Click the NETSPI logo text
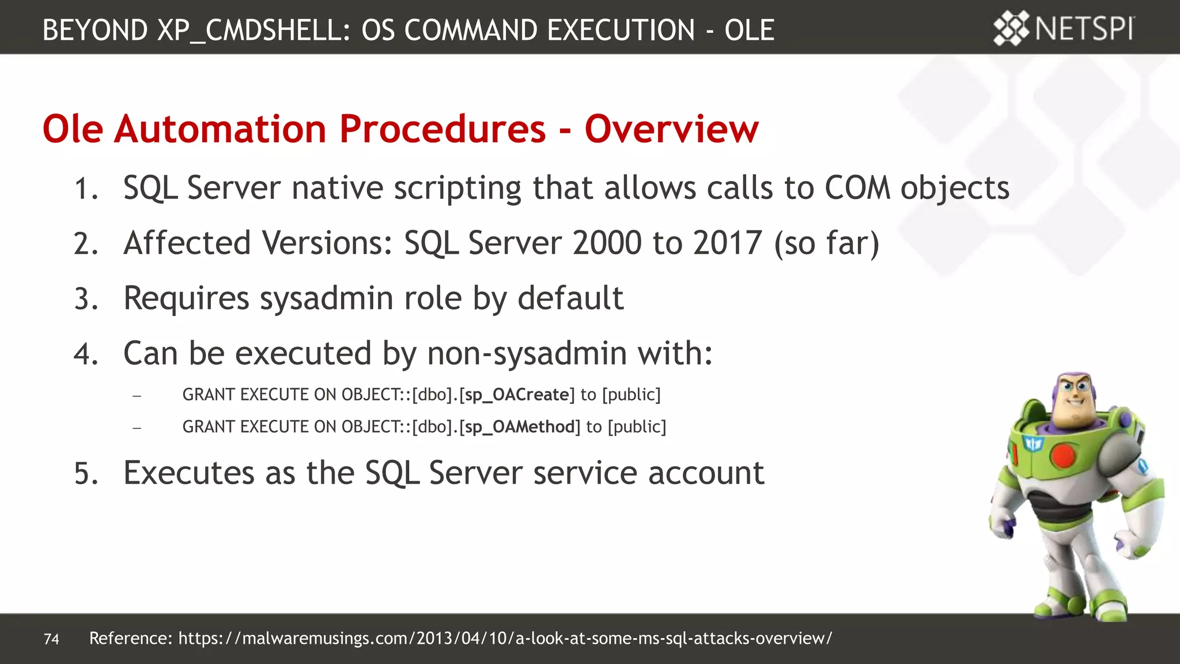tap(1084, 29)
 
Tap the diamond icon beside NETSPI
tap(1011, 28)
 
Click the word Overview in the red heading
tap(671, 129)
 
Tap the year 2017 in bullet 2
tap(728, 243)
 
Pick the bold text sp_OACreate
tap(517, 395)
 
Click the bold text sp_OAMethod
tap(520, 427)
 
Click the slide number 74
tap(51, 639)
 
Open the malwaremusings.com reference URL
tap(505, 638)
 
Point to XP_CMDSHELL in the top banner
tap(254, 30)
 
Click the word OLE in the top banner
tap(749, 30)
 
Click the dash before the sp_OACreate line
tap(137, 396)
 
